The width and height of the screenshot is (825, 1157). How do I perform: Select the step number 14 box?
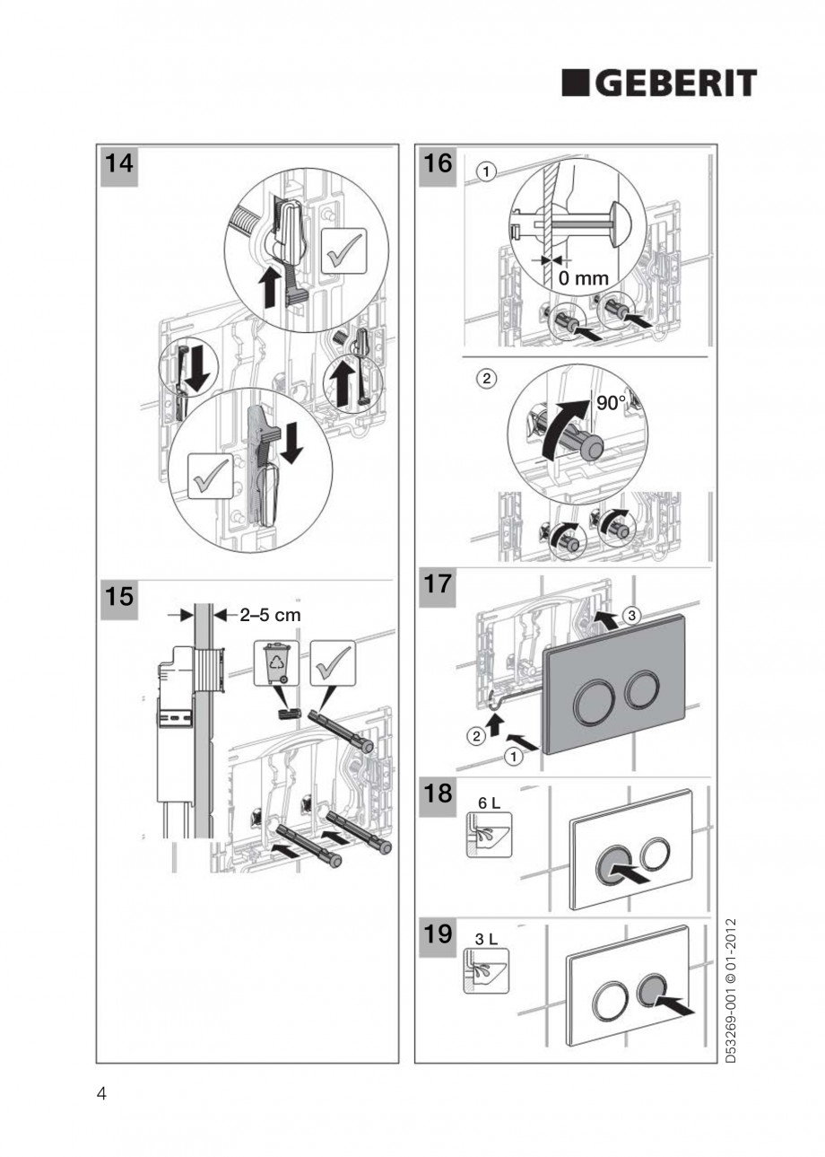[x=117, y=166]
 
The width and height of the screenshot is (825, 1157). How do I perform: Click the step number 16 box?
[x=438, y=166]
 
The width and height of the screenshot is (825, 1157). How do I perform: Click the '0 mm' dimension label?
[x=583, y=278]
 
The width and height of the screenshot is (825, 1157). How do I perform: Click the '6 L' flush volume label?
[x=490, y=806]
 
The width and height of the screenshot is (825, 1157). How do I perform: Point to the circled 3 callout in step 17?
[x=633, y=616]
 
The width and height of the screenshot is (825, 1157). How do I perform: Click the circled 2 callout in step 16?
[x=486, y=378]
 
